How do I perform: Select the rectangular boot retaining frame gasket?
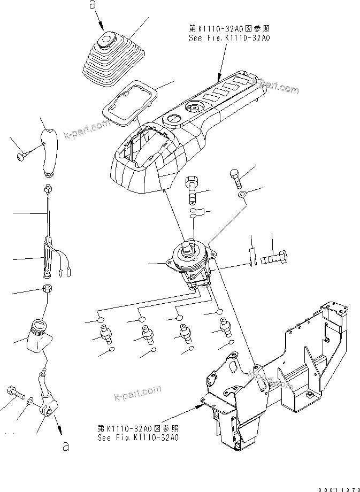point(128,103)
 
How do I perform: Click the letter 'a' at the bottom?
point(65,447)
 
